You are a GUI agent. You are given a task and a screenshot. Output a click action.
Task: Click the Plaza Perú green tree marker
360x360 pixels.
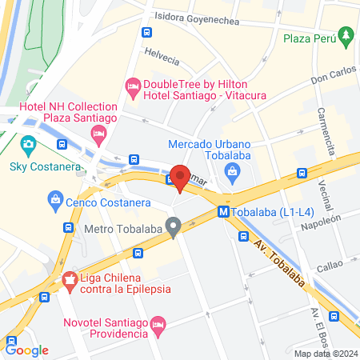tap(346, 35)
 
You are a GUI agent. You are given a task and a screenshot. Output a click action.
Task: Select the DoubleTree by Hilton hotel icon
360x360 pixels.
tap(133, 85)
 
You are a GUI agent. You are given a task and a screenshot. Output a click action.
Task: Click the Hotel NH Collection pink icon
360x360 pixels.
tap(100, 133)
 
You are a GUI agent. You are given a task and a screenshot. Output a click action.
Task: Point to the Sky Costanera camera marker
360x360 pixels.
tap(29, 147)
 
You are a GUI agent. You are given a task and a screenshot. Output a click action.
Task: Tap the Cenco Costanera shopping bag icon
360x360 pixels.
tap(55, 198)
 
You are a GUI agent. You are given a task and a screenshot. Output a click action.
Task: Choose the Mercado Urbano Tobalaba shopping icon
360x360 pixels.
tap(232, 170)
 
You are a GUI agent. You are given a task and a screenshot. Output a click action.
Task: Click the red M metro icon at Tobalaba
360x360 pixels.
tap(223, 213)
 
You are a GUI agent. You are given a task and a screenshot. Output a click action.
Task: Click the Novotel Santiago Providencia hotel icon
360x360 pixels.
tap(158, 324)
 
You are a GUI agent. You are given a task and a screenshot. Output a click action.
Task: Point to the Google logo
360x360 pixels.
tap(26, 350)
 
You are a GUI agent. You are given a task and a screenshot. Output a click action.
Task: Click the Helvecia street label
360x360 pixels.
tap(162, 56)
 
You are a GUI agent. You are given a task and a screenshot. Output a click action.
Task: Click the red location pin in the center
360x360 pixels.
tap(180, 179)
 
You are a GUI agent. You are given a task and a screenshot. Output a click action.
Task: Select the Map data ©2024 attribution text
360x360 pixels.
tap(325, 353)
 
